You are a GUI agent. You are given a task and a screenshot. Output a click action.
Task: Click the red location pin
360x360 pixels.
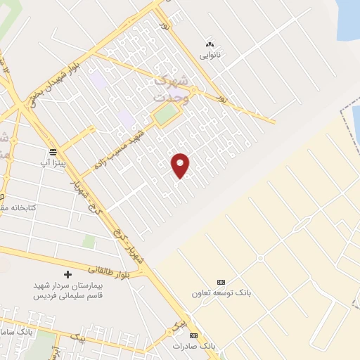point(180,165)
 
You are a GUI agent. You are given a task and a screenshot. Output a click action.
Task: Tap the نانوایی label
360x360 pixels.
point(210,54)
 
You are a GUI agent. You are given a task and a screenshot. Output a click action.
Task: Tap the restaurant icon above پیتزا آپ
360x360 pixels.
point(54,150)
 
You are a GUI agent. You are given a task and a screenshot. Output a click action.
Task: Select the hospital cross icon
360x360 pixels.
point(67,274)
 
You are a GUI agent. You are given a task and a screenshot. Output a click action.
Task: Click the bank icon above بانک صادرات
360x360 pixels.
point(193,336)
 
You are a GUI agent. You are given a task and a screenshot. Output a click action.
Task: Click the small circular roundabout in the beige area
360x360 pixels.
point(260,258)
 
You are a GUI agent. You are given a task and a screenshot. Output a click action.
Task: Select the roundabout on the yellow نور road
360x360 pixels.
point(198,92)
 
